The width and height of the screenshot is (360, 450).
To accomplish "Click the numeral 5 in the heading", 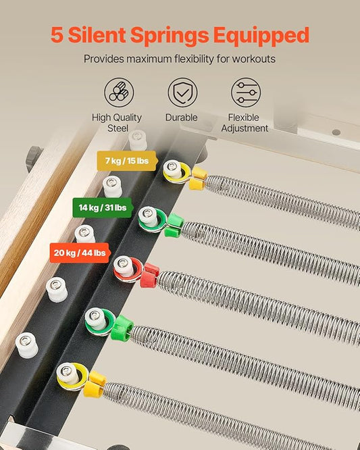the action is [57, 34].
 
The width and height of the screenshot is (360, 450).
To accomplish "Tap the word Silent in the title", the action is [97, 34].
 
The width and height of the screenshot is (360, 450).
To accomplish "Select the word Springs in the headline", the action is [170, 36].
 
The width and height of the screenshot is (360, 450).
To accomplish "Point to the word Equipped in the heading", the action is [261, 36].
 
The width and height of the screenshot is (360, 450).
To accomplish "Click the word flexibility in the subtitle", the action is [194, 59].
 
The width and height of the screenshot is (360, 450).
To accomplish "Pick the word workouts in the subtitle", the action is [253, 59].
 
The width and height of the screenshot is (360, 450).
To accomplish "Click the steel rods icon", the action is [119, 93].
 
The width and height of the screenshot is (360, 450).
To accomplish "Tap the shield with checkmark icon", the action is [182, 93].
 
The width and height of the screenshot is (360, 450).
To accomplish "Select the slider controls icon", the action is [246, 93].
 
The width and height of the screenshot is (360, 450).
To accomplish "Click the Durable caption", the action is [181, 118].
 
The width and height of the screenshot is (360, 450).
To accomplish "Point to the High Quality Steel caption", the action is [117, 122].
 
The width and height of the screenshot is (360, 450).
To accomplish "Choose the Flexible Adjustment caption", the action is [245, 122].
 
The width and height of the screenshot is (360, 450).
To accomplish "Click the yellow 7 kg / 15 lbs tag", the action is [128, 161].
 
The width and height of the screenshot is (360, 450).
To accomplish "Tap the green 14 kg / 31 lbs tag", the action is [103, 207].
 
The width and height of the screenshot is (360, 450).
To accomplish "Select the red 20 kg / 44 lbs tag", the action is [80, 253].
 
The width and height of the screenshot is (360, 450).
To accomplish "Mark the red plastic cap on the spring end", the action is [149, 276].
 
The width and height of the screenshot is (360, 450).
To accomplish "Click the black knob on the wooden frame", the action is [34, 158].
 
